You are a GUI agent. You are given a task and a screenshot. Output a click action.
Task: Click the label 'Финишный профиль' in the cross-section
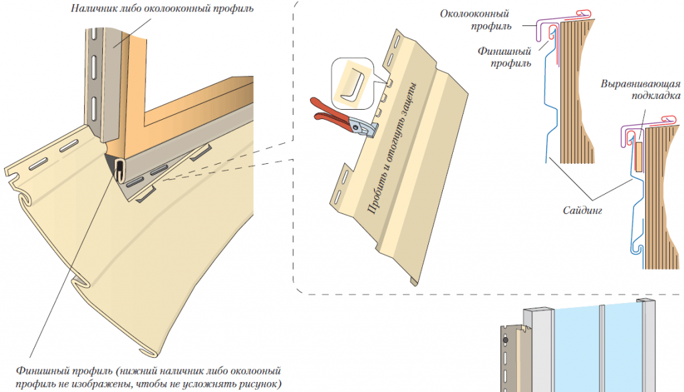505,57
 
